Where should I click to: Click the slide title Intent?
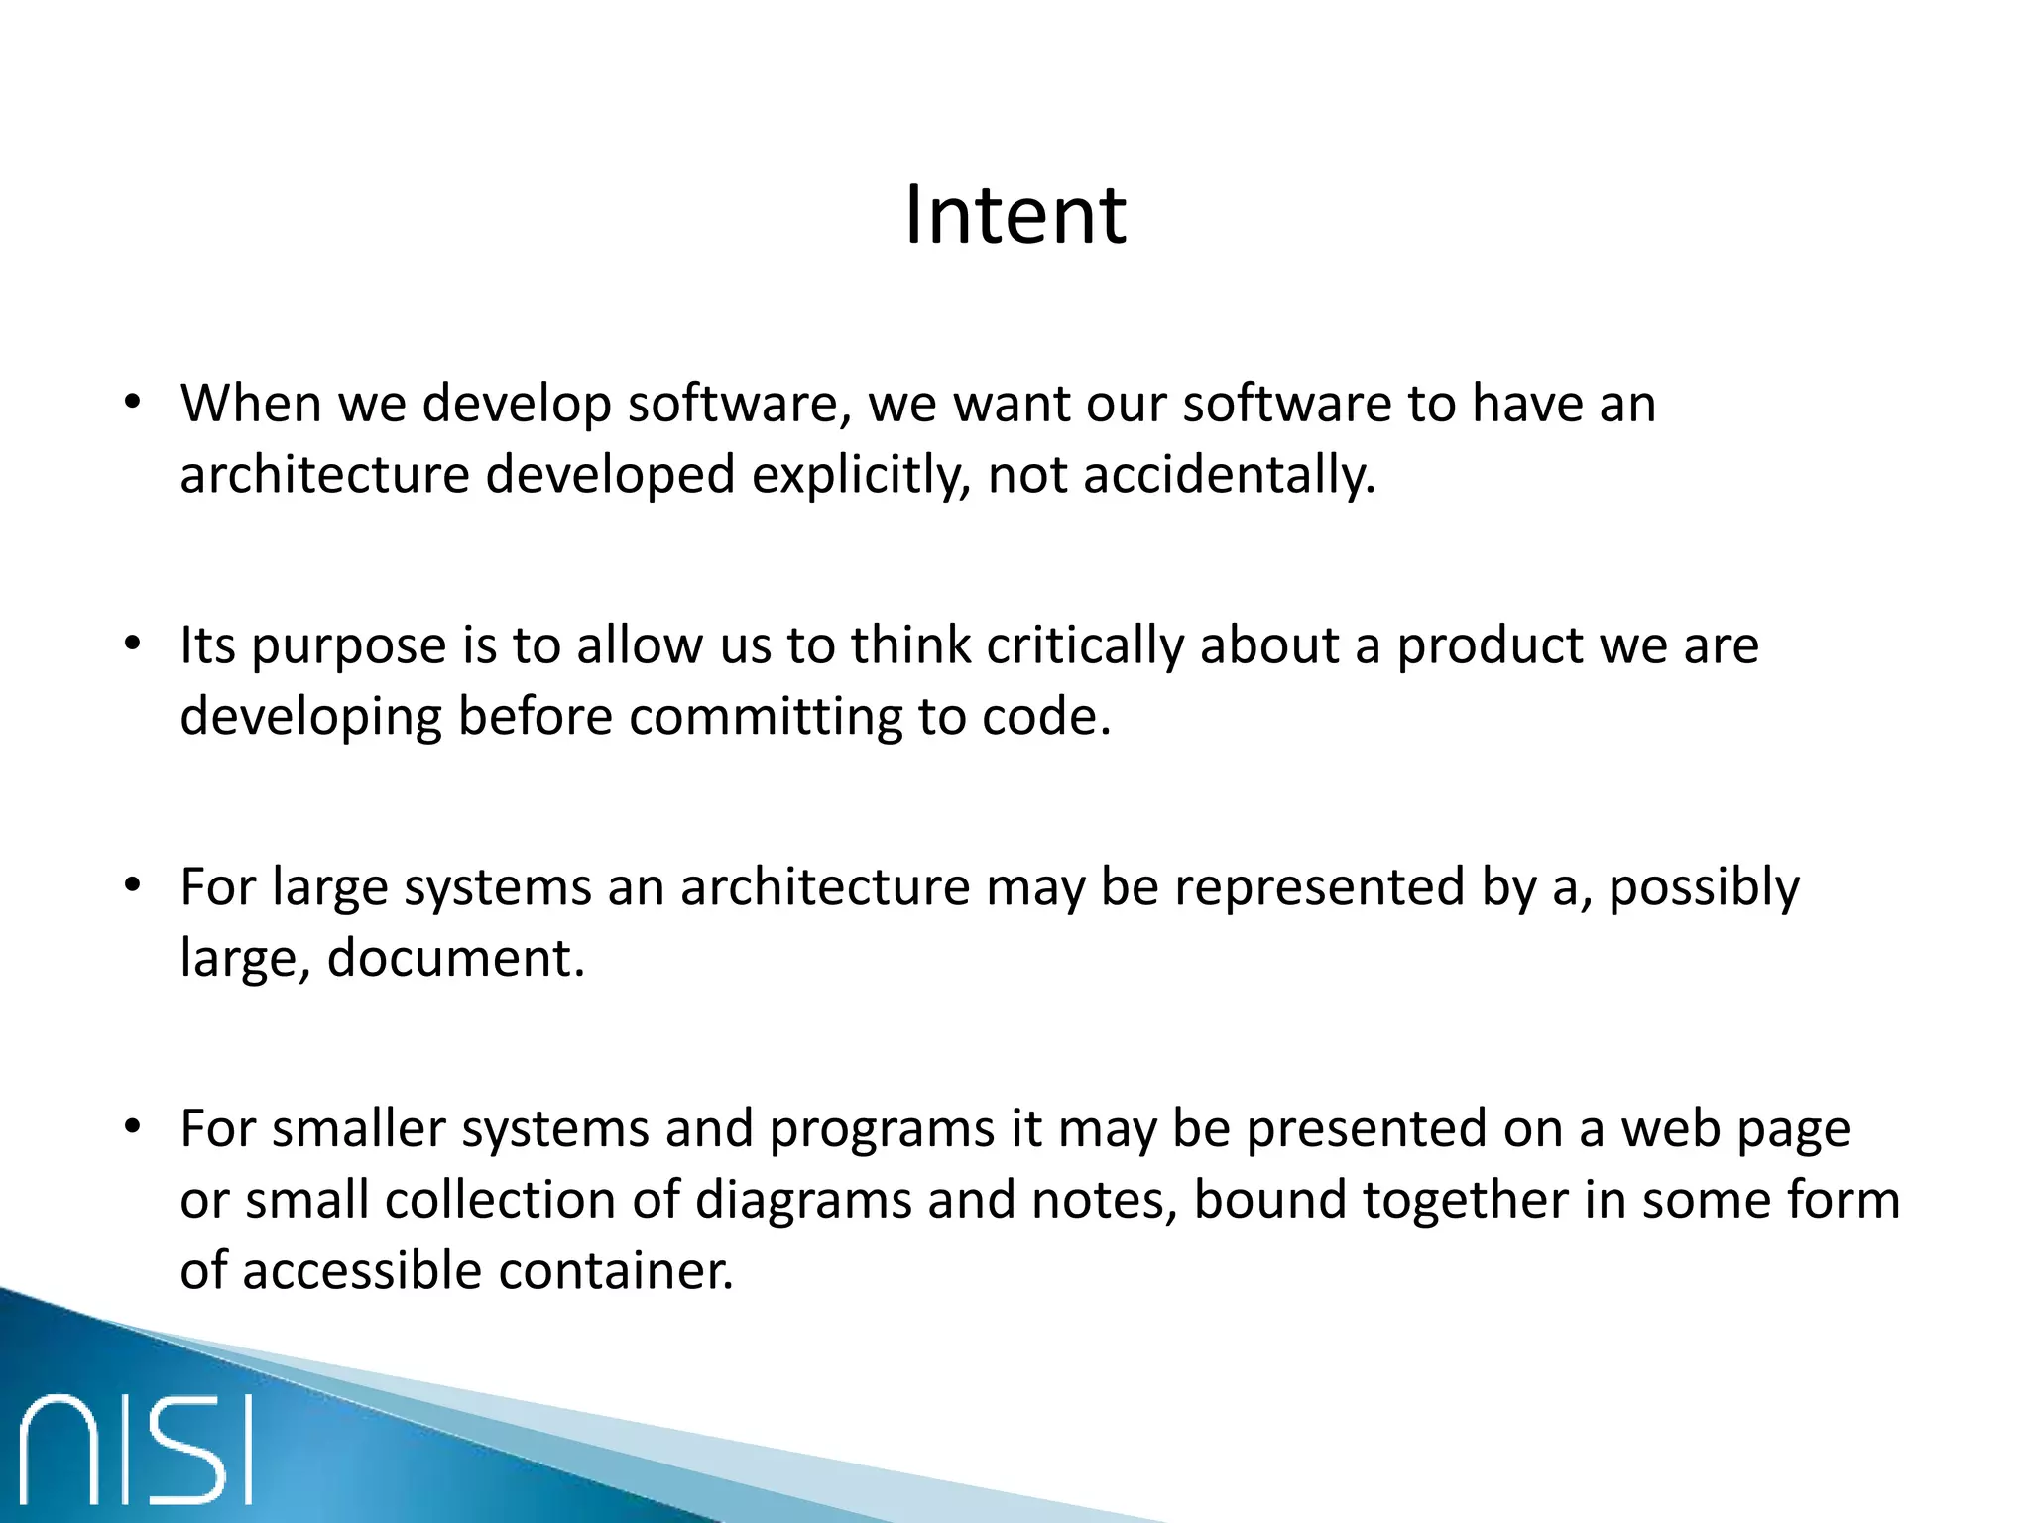[1015, 215]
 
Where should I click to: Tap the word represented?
[1319, 886]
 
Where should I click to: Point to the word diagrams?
[803, 1201]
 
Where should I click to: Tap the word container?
[615, 1271]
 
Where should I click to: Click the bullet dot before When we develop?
[133, 404]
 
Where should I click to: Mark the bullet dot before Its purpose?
[133, 645]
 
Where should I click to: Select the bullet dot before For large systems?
[133, 886]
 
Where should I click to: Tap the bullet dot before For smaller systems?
[133, 1128]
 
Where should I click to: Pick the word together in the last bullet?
[1465, 1201]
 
